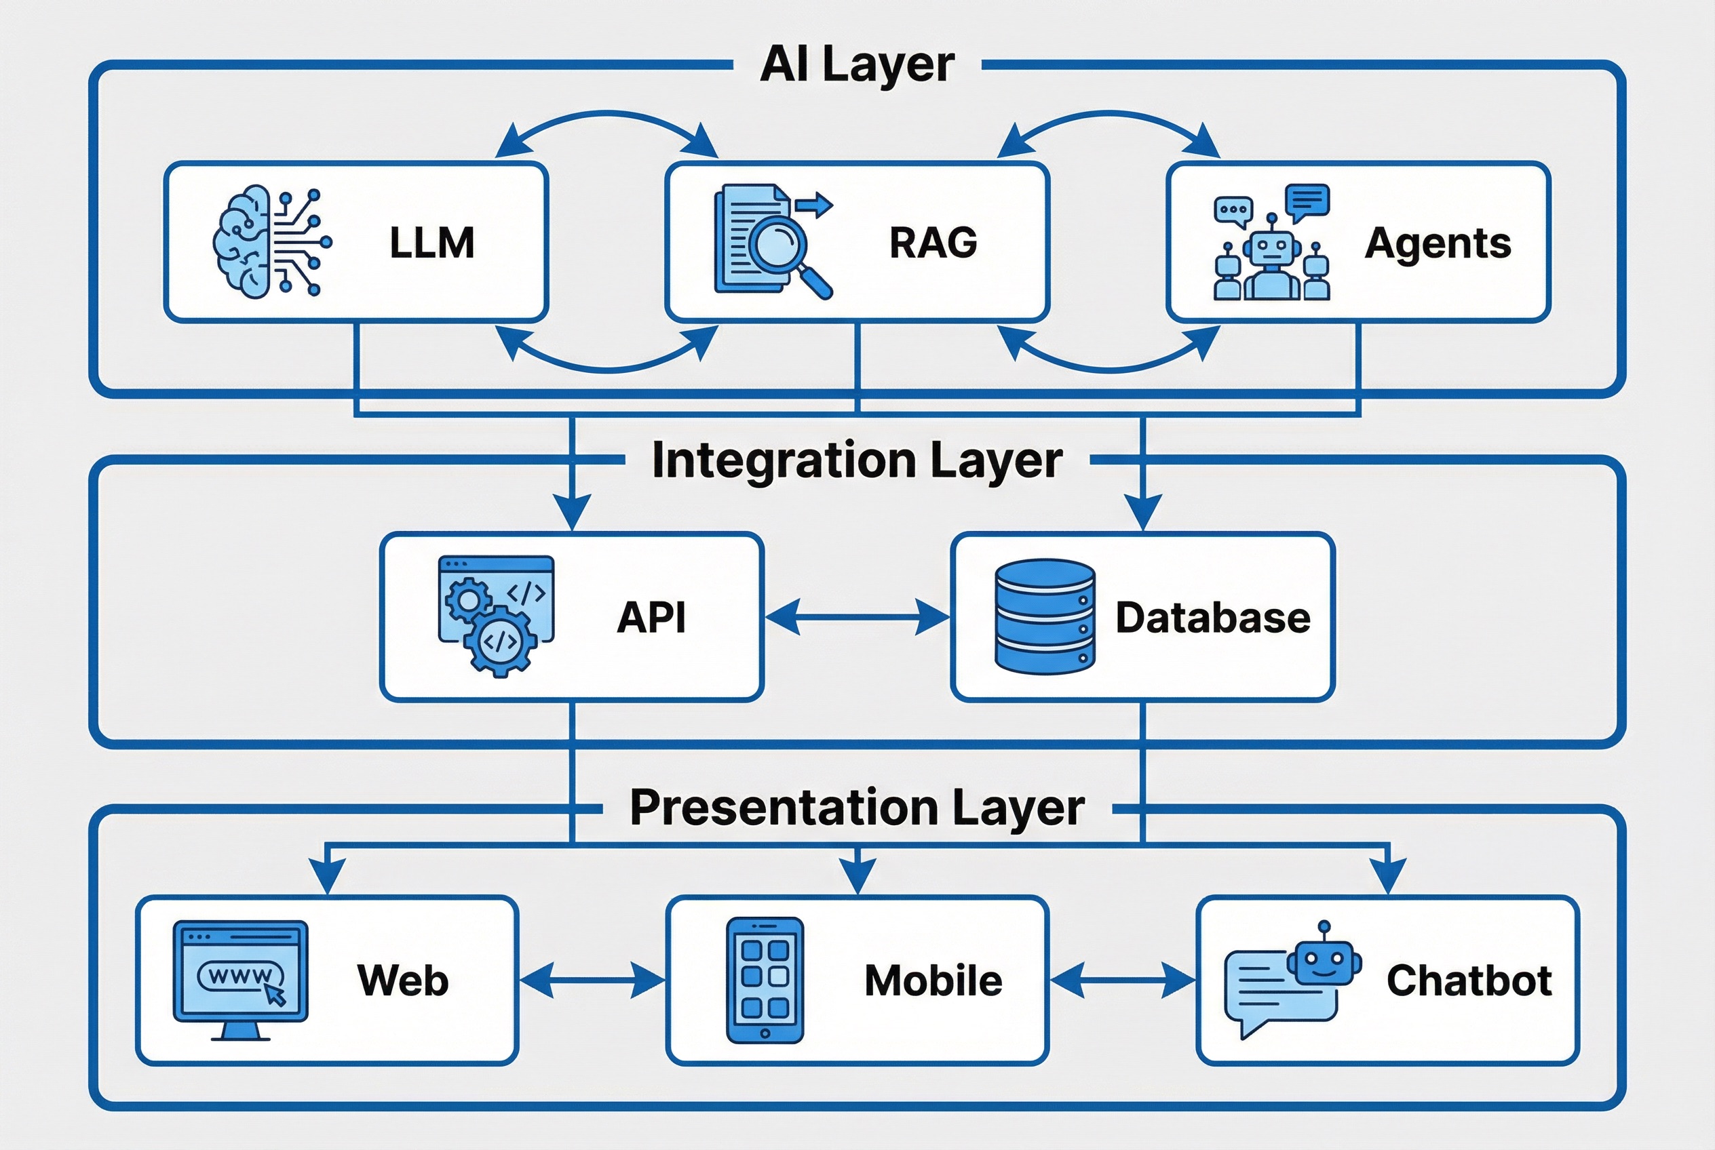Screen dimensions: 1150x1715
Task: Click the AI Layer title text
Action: [x=856, y=64]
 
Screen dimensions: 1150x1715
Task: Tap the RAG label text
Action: [x=933, y=243]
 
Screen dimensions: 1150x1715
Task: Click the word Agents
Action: [x=1437, y=243]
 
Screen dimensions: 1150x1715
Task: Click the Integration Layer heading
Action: [x=856, y=460]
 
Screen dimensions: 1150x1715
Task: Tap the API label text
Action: [x=651, y=617]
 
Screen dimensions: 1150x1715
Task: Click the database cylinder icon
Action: [x=1044, y=616]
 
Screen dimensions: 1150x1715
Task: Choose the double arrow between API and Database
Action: [x=856, y=616]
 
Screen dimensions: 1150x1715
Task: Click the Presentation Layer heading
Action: [x=856, y=808]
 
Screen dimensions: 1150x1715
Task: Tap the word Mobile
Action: [x=933, y=980]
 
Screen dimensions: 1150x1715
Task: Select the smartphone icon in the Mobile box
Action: [x=765, y=979]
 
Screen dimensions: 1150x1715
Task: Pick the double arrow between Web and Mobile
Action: [x=592, y=980]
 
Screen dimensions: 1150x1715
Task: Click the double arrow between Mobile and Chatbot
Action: [x=1122, y=980]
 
